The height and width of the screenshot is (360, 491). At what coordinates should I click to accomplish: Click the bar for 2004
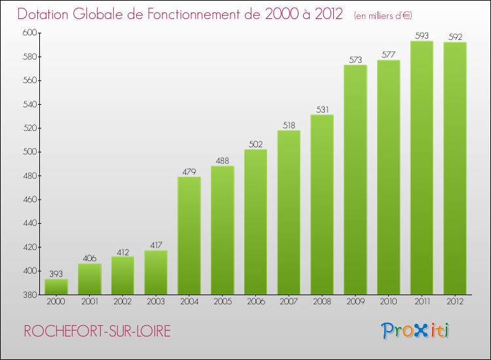(x=189, y=236)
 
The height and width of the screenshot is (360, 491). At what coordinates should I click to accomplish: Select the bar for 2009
(x=355, y=180)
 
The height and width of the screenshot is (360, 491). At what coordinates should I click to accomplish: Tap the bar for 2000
(x=56, y=287)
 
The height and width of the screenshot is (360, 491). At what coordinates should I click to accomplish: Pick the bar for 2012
(x=455, y=168)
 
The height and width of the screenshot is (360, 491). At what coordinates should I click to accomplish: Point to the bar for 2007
(x=289, y=212)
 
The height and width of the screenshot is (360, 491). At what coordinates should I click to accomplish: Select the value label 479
(x=189, y=171)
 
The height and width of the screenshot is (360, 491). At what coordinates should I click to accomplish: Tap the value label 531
(x=322, y=109)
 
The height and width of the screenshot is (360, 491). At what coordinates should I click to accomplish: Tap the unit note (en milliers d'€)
(x=383, y=15)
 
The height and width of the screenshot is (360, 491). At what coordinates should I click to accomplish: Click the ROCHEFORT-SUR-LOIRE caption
(x=96, y=332)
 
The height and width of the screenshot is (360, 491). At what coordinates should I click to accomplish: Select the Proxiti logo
(x=416, y=331)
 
